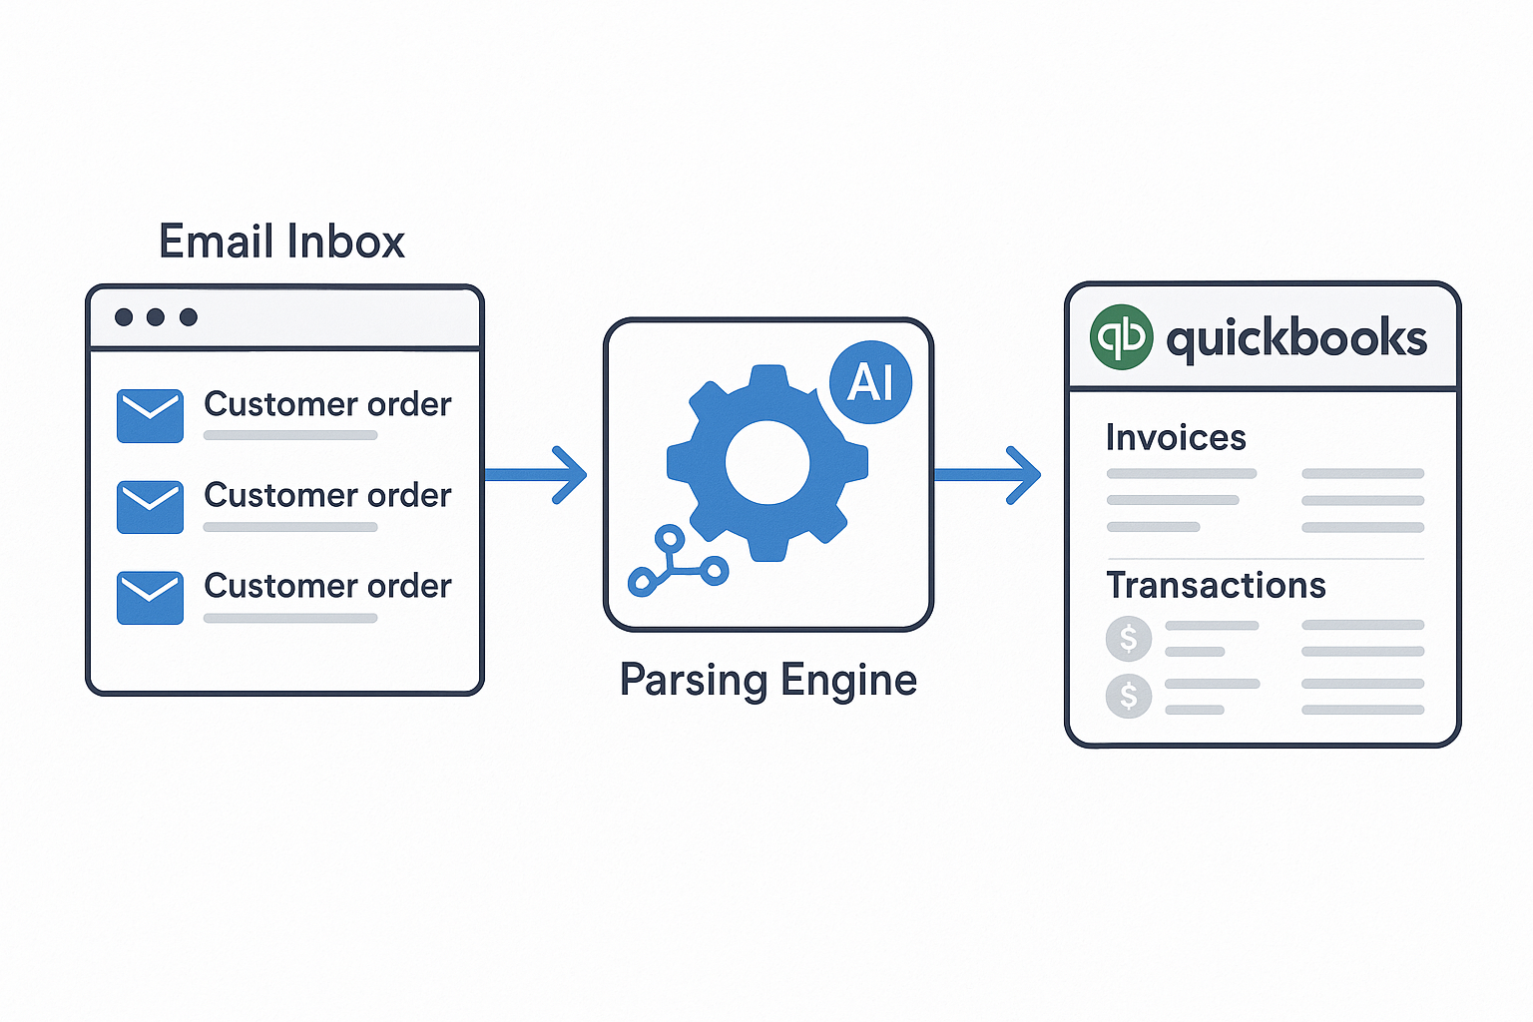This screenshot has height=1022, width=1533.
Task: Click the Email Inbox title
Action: click(x=281, y=242)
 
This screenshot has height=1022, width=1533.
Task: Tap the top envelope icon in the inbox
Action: click(x=150, y=415)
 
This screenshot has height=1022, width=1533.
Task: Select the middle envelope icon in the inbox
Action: click(x=150, y=507)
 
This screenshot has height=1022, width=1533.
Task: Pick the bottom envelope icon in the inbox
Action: click(x=150, y=598)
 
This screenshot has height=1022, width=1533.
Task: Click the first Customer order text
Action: click(x=327, y=404)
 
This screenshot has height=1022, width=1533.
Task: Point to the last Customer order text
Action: click(x=327, y=586)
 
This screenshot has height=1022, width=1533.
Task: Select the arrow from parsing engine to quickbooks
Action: click(x=988, y=475)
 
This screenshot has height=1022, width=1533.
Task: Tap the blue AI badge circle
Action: click(x=870, y=382)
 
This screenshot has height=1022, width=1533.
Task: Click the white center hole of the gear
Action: click(x=766, y=462)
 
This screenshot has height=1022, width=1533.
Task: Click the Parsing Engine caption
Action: click(x=767, y=680)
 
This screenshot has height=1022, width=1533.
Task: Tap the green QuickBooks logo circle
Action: click(x=1121, y=337)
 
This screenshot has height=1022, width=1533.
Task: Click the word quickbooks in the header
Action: click(x=1296, y=338)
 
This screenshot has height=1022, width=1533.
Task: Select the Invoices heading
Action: click(x=1176, y=437)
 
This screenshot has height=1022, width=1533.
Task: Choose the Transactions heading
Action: click(x=1216, y=585)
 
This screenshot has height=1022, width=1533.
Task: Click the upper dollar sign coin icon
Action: click(x=1129, y=638)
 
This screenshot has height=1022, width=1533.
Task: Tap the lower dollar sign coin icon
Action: click(x=1129, y=696)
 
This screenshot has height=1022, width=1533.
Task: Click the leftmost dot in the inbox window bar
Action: click(x=124, y=317)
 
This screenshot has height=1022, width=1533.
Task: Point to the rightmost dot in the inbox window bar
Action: click(x=188, y=317)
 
